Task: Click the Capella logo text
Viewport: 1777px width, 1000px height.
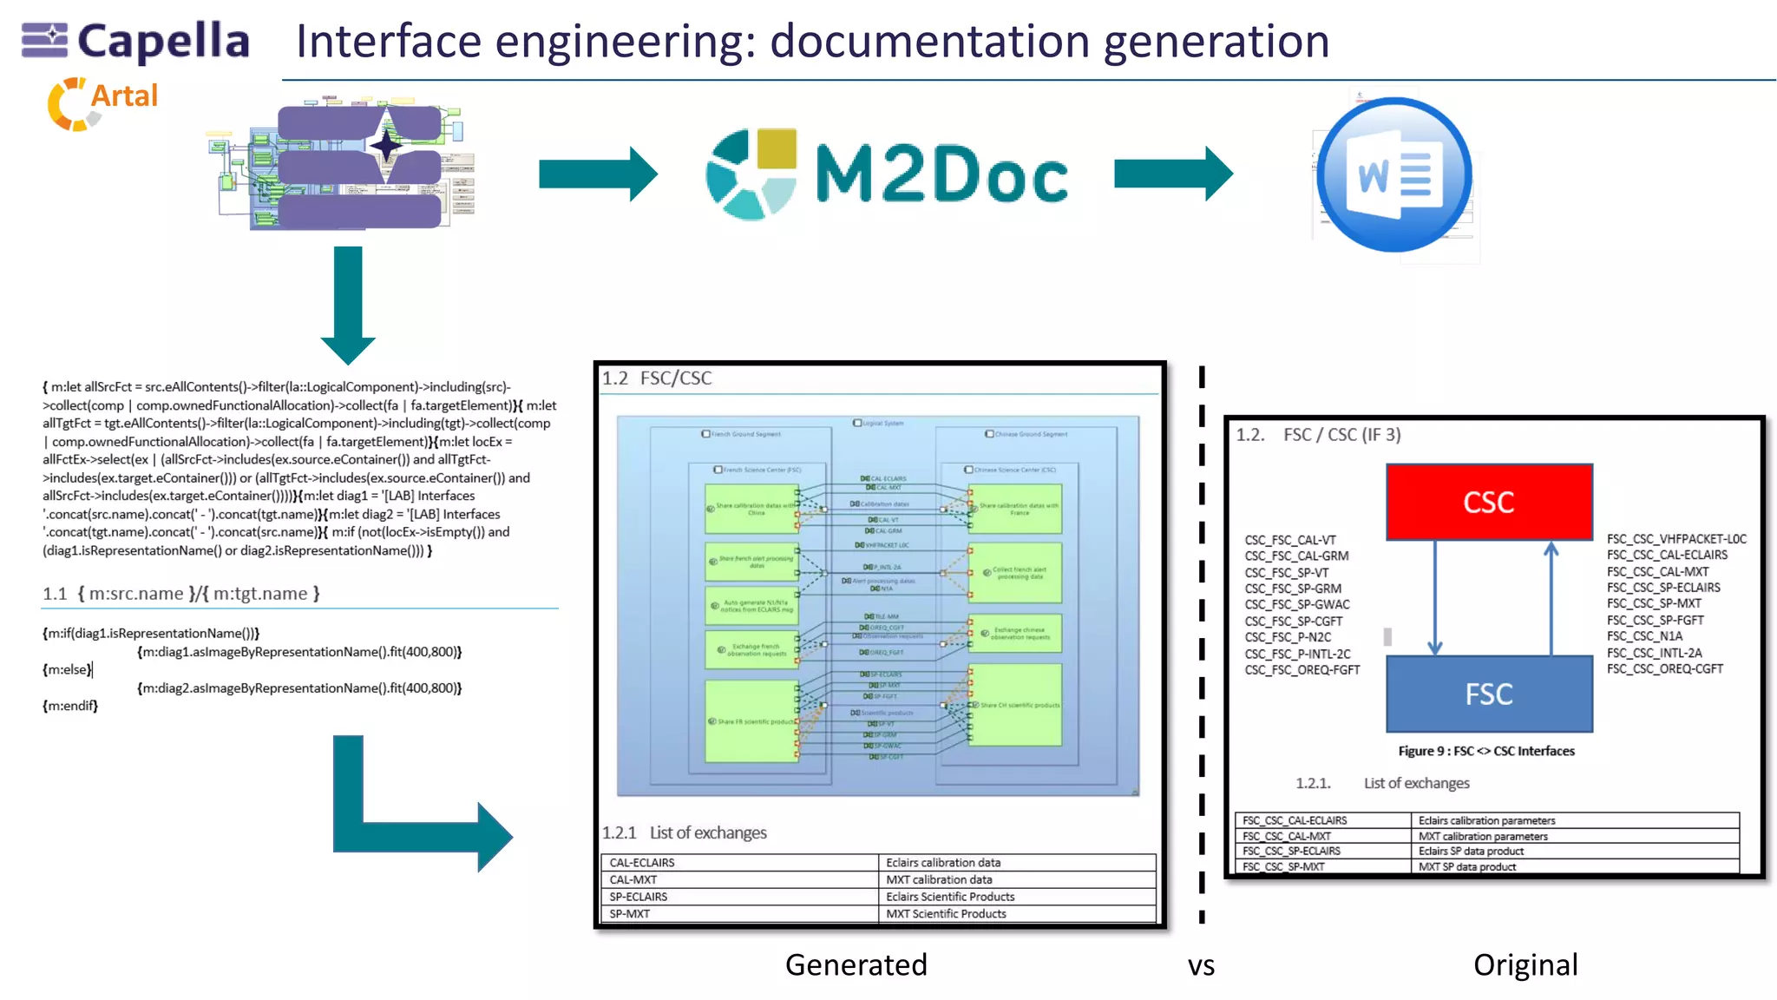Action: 163,41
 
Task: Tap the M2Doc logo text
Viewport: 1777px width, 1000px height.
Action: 941,174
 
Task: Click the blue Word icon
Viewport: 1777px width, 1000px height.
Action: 1393,174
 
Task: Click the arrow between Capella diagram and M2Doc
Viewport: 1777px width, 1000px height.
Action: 598,174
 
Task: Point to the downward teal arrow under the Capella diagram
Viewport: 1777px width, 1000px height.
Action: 348,304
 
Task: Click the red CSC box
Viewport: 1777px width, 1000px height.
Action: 1489,502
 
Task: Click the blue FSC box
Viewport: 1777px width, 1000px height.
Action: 1489,694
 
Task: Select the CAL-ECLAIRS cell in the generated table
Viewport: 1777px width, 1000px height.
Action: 642,863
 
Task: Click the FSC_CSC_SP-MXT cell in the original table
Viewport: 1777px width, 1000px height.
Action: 1283,866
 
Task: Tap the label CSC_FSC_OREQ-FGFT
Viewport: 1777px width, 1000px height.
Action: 1302,670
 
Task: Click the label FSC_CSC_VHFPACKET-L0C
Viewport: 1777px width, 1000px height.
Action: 1675,539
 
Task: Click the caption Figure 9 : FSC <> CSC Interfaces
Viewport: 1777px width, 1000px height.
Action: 1485,751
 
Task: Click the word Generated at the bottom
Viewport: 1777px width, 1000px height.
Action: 856,964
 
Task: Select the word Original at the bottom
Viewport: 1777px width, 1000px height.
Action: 1525,964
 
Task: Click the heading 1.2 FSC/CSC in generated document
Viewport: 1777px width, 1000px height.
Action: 657,378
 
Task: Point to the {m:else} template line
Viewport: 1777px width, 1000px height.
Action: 67,669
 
